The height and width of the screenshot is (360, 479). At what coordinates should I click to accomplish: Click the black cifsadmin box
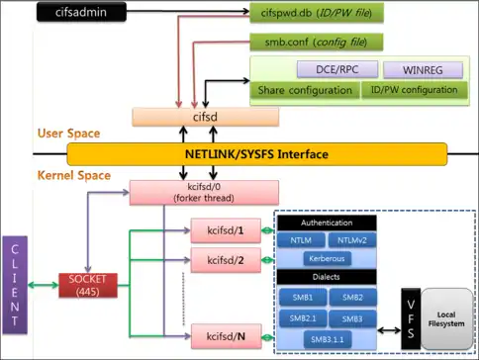click(81, 12)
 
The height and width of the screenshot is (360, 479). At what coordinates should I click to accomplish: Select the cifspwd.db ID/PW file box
click(317, 13)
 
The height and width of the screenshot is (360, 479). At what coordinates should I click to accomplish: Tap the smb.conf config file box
click(316, 42)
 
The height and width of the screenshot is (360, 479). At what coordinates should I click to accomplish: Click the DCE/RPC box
click(337, 69)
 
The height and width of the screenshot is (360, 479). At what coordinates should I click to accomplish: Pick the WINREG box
click(423, 70)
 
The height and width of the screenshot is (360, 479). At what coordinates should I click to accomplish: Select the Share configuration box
click(305, 90)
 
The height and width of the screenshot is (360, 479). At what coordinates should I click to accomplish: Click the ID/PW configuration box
click(415, 90)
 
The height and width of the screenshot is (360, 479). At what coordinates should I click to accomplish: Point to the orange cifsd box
click(205, 117)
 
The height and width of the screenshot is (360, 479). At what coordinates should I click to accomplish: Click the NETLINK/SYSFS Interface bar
click(257, 154)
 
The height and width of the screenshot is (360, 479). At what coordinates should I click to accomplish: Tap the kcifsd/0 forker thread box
click(204, 193)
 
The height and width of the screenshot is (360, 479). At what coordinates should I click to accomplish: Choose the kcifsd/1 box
click(226, 230)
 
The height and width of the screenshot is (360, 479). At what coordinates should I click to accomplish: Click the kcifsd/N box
click(226, 336)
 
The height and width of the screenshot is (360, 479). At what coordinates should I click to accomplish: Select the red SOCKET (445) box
click(88, 285)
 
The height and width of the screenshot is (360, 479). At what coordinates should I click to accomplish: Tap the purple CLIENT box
click(15, 285)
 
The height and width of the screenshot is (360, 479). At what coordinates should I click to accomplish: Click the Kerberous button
click(327, 258)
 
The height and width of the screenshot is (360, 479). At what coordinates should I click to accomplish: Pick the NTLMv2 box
click(352, 240)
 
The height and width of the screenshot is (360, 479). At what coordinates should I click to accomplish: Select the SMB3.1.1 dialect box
click(328, 339)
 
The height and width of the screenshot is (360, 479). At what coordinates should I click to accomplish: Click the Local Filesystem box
click(446, 318)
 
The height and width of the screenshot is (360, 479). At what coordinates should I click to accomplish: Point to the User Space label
click(68, 134)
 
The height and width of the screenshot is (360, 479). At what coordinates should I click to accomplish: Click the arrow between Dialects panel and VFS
click(389, 329)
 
